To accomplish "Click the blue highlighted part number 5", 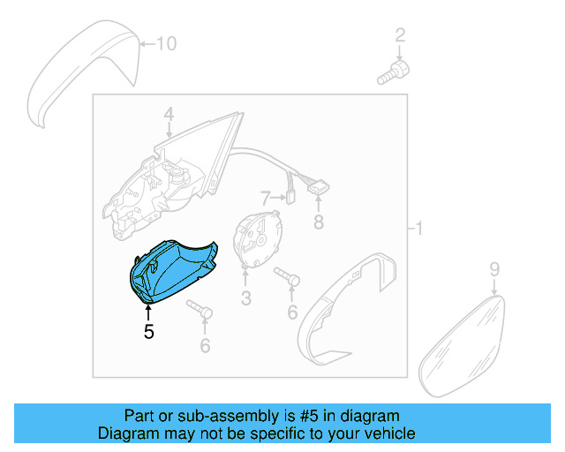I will click(x=172, y=268).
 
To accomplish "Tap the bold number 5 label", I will click(x=148, y=332).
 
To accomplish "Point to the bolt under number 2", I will click(x=392, y=72).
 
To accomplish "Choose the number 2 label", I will click(x=400, y=35).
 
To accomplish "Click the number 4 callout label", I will click(x=168, y=115).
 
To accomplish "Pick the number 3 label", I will click(x=246, y=298).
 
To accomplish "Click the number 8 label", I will click(x=320, y=221).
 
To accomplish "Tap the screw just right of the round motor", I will click(x=288, y=277).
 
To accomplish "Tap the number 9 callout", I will click(x=494, y=267).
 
